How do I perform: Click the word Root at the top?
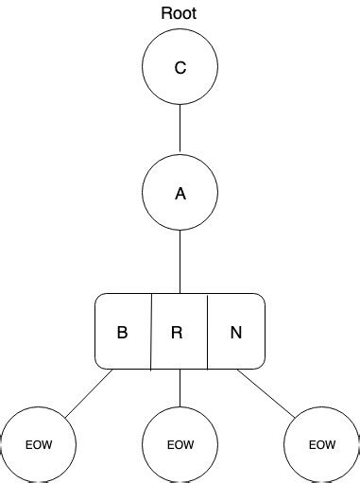(180, 14)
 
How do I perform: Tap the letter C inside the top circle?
(180, 68)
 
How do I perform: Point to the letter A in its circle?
(180, 194)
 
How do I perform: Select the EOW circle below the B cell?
(38, 444)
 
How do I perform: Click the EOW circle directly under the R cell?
(180, 444)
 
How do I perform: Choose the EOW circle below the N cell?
(321, 444)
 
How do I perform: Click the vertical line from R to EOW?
(180, 388)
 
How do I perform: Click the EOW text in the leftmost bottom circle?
(38, 445)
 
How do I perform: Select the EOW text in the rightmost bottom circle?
(322, 445)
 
